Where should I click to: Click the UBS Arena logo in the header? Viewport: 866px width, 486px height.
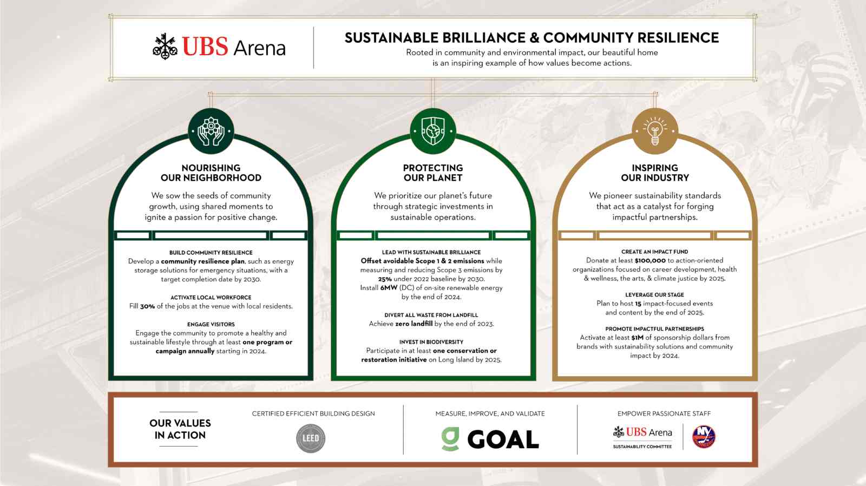pos(219,47)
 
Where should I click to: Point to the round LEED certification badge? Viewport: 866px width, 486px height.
pos(311,438)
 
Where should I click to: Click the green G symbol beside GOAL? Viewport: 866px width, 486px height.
pos(450,439)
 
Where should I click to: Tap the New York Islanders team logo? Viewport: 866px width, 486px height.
pos(704,437)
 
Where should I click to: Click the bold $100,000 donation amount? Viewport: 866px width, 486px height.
pos(650,260)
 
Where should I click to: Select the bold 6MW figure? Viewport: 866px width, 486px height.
pos(389,288)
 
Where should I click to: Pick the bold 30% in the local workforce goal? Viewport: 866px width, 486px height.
pos(147,306)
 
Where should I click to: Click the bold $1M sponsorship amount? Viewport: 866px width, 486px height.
pos(637,338)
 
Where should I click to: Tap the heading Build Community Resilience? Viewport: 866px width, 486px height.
pos(211,252)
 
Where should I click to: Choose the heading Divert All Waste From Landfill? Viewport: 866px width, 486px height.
pos(431,315)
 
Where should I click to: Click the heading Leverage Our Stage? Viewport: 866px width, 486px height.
pos(654,295)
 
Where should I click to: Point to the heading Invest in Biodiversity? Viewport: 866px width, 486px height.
pos(431,342)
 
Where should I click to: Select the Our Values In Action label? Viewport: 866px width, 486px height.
pos(180,429)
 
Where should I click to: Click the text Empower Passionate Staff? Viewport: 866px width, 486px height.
pos(664,413)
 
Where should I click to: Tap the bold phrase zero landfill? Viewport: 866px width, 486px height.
pos(414,324)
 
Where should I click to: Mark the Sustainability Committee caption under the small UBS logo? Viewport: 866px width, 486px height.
pos(642,447)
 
